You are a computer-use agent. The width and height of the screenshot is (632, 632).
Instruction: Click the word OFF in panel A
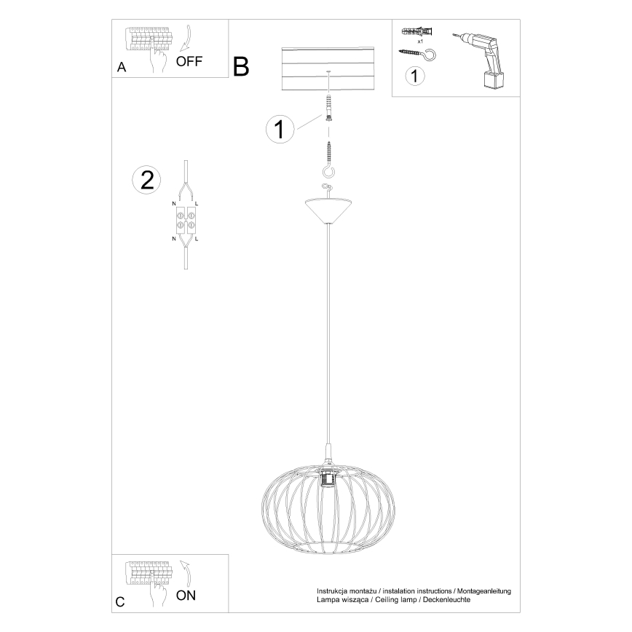click(x=189, y=61)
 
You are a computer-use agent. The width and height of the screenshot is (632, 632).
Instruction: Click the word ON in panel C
click(x=186, y=596)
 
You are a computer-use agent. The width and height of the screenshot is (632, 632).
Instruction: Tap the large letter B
click(x=241, y=66)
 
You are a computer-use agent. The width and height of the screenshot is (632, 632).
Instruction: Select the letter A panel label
click(x=122, y=67)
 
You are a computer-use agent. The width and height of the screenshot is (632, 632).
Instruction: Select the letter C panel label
click(x=120, y=601)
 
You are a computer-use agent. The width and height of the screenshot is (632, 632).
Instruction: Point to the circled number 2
click(x=147, y=180)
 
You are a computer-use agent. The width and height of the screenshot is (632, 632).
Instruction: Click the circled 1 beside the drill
click(x=415, y=76)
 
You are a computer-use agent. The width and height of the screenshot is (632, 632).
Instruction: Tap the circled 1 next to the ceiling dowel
click(x=280, y=129)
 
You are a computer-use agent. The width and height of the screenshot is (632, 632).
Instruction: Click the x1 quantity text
click(x=420, y=41)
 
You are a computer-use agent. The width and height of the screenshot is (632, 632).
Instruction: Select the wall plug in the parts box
click(x=418, y=31)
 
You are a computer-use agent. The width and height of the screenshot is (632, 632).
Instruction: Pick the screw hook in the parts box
click(x=416, y=54)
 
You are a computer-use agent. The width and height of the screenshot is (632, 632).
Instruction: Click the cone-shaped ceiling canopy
click(x=329, y=210)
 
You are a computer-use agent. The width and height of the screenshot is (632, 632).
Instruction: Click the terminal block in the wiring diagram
click(x=186, y=220)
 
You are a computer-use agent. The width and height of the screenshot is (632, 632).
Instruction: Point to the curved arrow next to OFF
click(x=186, y=39)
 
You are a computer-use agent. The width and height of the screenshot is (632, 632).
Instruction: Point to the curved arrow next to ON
click(x=186, y=574)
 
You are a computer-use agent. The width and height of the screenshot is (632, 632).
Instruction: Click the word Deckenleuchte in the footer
click(x=446, y=600)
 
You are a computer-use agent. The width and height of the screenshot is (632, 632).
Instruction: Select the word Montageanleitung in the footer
click(x=483, y=591)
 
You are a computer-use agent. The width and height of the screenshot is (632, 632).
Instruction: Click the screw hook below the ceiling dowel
click(x=329, y=160)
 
